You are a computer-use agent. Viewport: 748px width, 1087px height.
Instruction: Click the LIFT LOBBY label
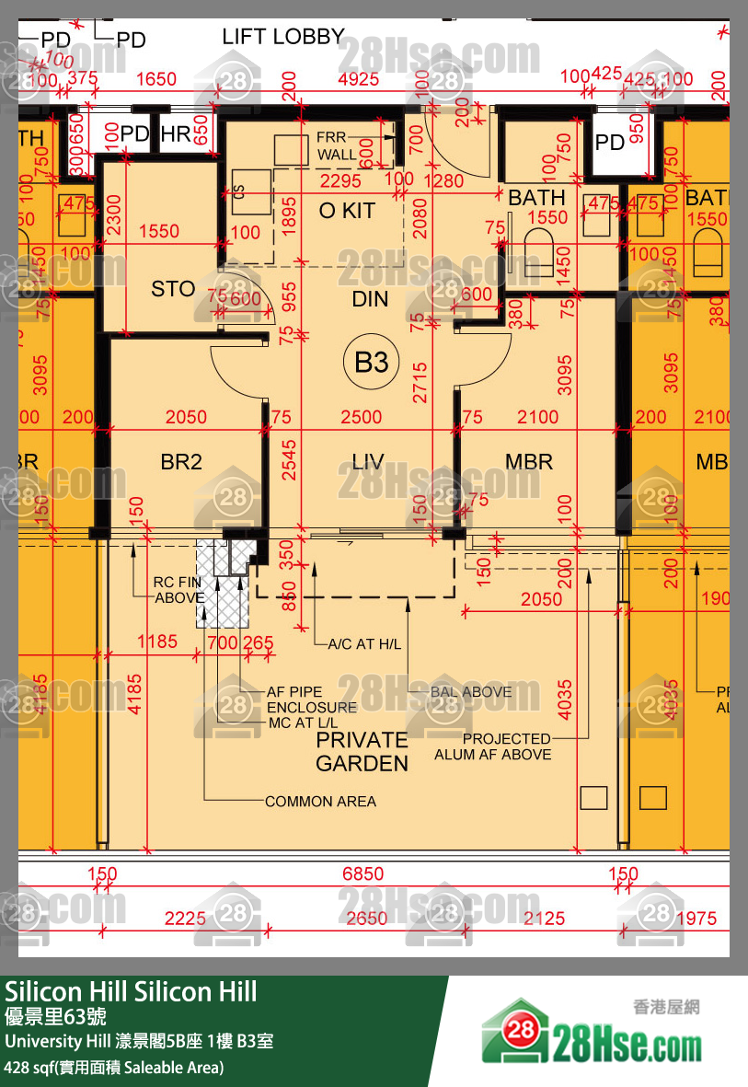point(282,38)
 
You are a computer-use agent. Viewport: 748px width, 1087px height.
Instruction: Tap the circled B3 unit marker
point(372,362)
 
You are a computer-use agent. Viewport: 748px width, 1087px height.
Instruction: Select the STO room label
point(173,289)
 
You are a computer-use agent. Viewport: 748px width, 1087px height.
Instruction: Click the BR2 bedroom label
point(181,462)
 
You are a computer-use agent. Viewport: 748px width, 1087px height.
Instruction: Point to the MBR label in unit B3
point(529,462)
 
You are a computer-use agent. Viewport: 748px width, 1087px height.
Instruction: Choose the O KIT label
point(347,211)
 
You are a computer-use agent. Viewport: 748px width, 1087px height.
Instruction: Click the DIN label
point(370,299)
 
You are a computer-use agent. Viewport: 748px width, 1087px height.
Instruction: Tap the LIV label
point(368,462)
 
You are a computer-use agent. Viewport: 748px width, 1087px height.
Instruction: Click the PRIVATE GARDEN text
point(362,751)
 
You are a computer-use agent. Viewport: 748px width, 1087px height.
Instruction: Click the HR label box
point(176,134)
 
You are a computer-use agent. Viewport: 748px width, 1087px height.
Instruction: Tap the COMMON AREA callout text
point(320,802)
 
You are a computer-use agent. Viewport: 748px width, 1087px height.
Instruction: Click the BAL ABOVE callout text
point(471,691)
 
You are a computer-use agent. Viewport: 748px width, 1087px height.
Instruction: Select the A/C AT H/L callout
point(364,644)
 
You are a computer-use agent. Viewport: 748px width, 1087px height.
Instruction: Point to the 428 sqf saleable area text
point(114,1068)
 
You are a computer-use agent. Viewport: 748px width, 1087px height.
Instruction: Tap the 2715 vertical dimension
point(419,379)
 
